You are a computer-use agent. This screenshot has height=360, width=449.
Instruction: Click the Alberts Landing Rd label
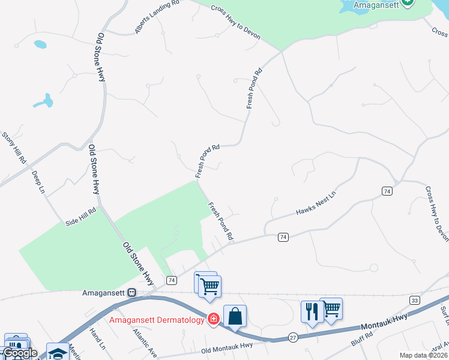(157, 16)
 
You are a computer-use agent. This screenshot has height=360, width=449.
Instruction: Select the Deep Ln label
(38, 182)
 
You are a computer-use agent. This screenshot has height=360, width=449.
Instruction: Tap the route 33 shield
(414, 299)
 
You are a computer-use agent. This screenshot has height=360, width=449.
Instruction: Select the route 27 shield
(293, 338)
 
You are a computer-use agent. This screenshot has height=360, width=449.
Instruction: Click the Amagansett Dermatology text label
(157, 320)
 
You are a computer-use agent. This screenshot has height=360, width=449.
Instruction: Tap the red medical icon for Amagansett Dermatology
(212, 319)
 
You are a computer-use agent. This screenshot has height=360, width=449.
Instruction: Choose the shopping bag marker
(235, 316)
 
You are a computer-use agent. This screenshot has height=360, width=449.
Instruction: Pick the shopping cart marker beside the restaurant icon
(331, 308)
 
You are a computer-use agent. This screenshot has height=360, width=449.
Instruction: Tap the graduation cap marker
(58, 353)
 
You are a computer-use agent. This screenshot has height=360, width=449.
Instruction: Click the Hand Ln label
(97, 339)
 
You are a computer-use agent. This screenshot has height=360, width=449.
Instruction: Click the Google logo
(20, 353)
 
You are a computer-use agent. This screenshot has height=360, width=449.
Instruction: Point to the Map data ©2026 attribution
(423, 355)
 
